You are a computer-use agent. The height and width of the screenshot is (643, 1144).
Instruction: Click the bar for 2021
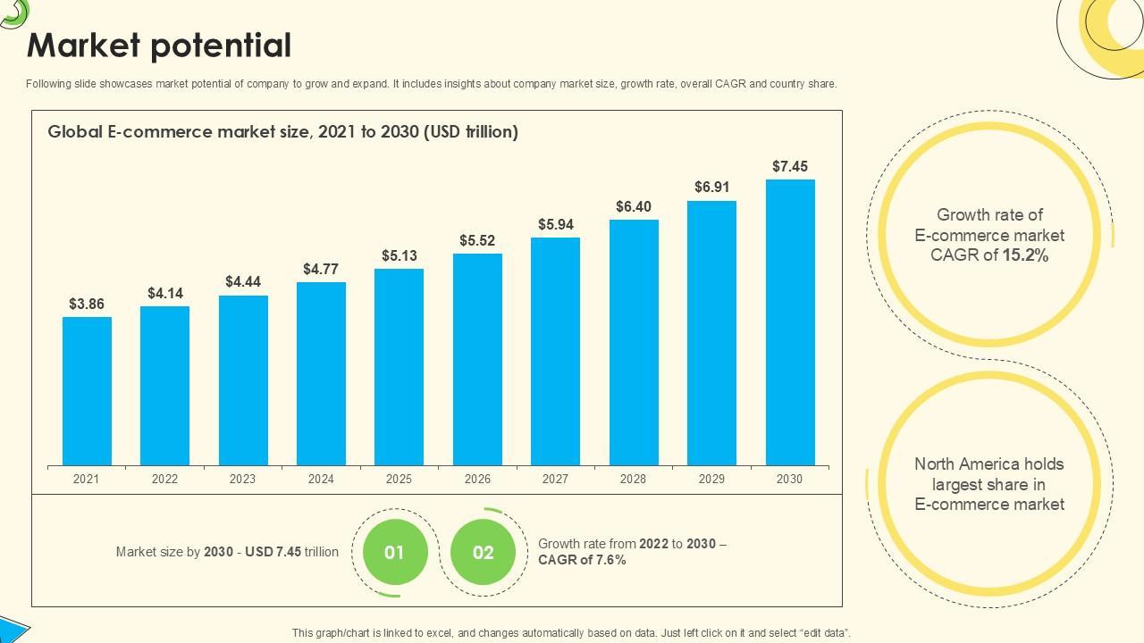(87, 391)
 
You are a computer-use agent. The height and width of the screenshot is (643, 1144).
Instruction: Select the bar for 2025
(399, 367)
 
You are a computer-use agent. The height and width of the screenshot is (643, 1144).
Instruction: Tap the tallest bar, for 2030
(790, 322)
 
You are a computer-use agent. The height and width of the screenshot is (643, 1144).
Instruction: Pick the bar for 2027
(555, 351)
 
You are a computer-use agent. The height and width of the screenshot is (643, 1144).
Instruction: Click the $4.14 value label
(165, 293)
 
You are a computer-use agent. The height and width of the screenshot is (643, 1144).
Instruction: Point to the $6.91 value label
(712, 187)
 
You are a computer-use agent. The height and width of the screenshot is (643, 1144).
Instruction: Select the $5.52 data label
(477, 240)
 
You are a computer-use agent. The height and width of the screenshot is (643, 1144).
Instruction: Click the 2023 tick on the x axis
(242, 479)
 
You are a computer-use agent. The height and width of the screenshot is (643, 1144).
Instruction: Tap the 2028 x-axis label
(633, 479)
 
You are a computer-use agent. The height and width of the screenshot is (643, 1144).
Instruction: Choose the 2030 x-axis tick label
(789, 479)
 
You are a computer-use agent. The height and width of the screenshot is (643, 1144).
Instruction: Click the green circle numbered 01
(394, 553)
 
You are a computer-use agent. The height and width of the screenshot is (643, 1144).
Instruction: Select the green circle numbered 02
(484, 553)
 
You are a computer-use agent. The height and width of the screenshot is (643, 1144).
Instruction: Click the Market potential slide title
(159, 46)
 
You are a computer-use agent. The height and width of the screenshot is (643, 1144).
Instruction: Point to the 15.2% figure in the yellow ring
(1025, 255)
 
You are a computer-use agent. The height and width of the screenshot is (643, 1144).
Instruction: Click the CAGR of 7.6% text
(582, 560)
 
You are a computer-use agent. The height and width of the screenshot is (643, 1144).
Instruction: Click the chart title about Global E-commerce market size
(282, 132)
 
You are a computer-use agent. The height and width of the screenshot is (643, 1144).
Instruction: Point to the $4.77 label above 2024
(321, 269)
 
